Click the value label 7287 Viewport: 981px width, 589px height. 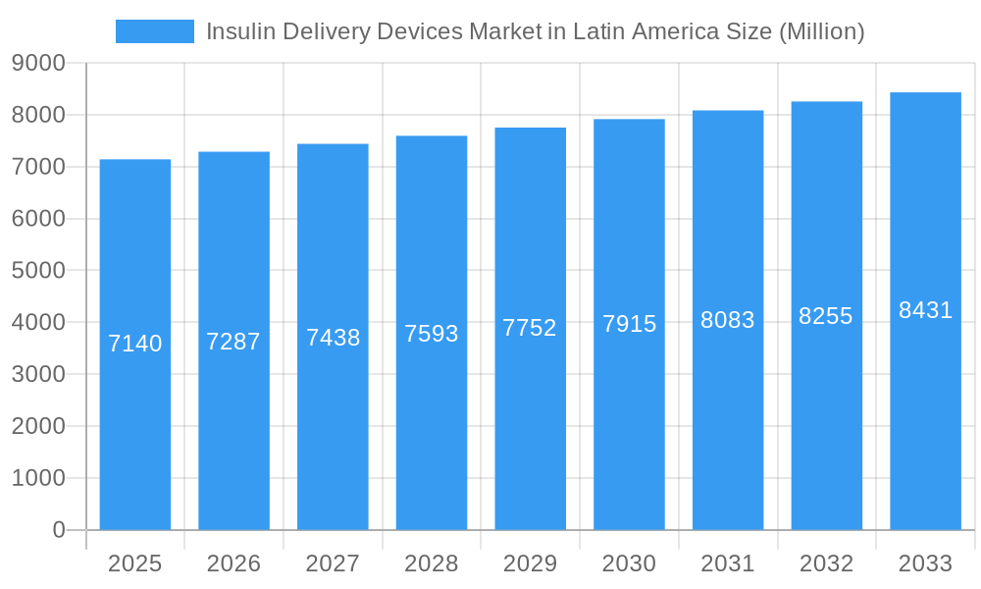point(233,342)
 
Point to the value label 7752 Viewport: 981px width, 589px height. point(530,328)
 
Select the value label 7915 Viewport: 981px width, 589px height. point(629,324)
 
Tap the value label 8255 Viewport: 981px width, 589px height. point(826,316)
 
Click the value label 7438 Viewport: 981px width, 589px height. point(334,338)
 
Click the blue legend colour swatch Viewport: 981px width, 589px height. point(155,31)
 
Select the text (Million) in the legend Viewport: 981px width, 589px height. point(821,31)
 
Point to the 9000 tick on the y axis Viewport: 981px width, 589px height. point(38,63)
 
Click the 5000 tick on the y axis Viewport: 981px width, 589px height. point(38,270)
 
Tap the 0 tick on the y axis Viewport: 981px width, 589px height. point(58,530)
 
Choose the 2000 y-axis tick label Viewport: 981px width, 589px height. point(38,426)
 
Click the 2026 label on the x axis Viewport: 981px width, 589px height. point(233,563)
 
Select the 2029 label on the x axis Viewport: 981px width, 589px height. point(530,563)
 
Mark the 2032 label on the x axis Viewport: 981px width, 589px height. point(826,563)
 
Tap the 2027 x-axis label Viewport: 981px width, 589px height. point(333,563)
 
